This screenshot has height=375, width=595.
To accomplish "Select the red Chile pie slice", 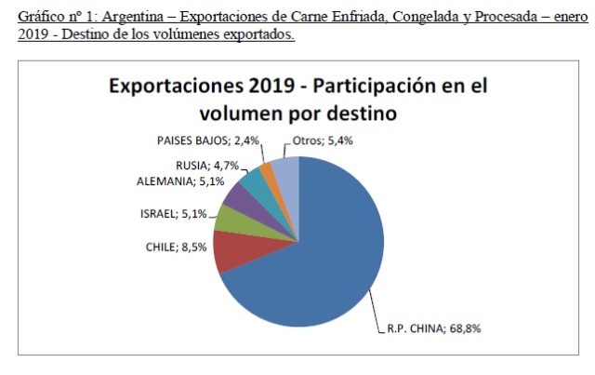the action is pyautogui.click(x=243, y=250).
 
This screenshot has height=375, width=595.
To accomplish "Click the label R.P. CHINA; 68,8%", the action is pyautogui.click(x=434, y=328).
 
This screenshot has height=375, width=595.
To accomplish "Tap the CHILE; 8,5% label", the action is pyautogui.click(x=176, y=248).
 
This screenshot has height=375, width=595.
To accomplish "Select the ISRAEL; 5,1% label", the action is pyautogui.click(x=174, y=214).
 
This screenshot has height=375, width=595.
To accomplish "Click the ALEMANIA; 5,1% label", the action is pyautogui.click(x=180, y=181).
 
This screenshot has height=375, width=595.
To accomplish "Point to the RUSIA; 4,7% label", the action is pyautogui.click(x=207, y=166).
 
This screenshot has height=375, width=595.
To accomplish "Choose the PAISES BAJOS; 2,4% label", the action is pyautogui.click(x=208, y=141).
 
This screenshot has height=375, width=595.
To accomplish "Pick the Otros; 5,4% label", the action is pyautogui.click(x=323, y=141).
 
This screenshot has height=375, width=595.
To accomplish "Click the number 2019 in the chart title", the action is pyautogui.click(x=271, y=86).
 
